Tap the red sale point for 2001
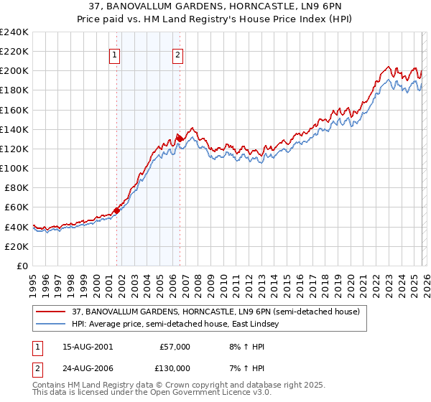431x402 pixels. point(116,210)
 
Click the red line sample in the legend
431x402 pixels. point(50,311)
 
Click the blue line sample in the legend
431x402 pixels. point(50,324)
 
